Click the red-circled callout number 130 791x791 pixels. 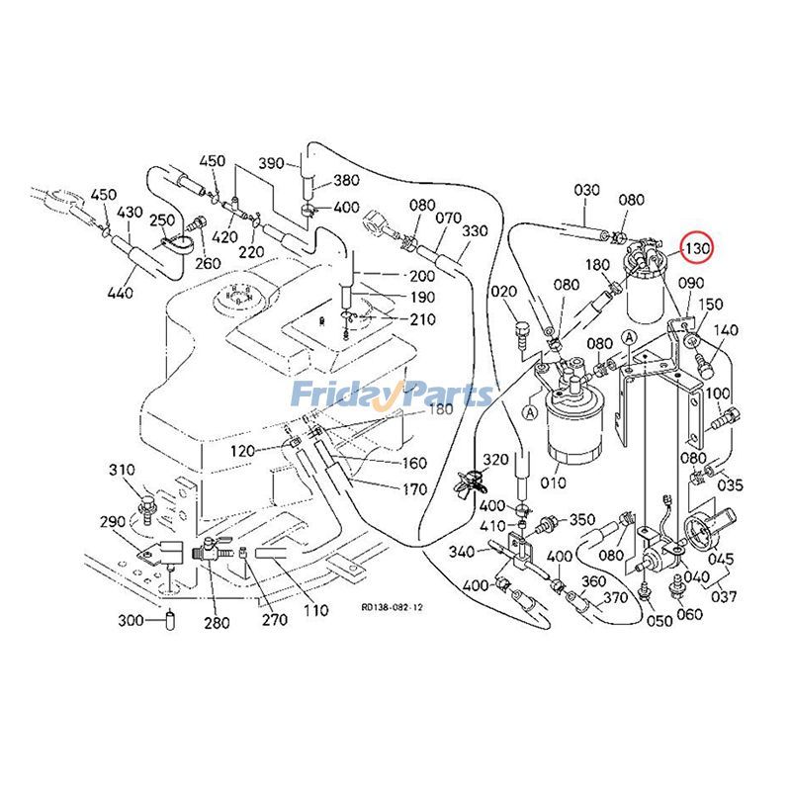[x=698, y=246]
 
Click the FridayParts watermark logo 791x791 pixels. [x=393, y=395]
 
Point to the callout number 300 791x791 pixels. [x=132, y=621]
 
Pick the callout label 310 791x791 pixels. [x=121, y=469]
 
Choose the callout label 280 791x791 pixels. [x=217, y=622]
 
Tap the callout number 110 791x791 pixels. [x=315, y=610]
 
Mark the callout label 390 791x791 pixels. [x=271, y=163]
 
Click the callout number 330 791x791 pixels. [x=475, y=231]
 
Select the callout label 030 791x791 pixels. [x=587, y=190]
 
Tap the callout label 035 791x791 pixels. [x=730, y=485]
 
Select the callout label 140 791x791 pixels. [x=726, y=330]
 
